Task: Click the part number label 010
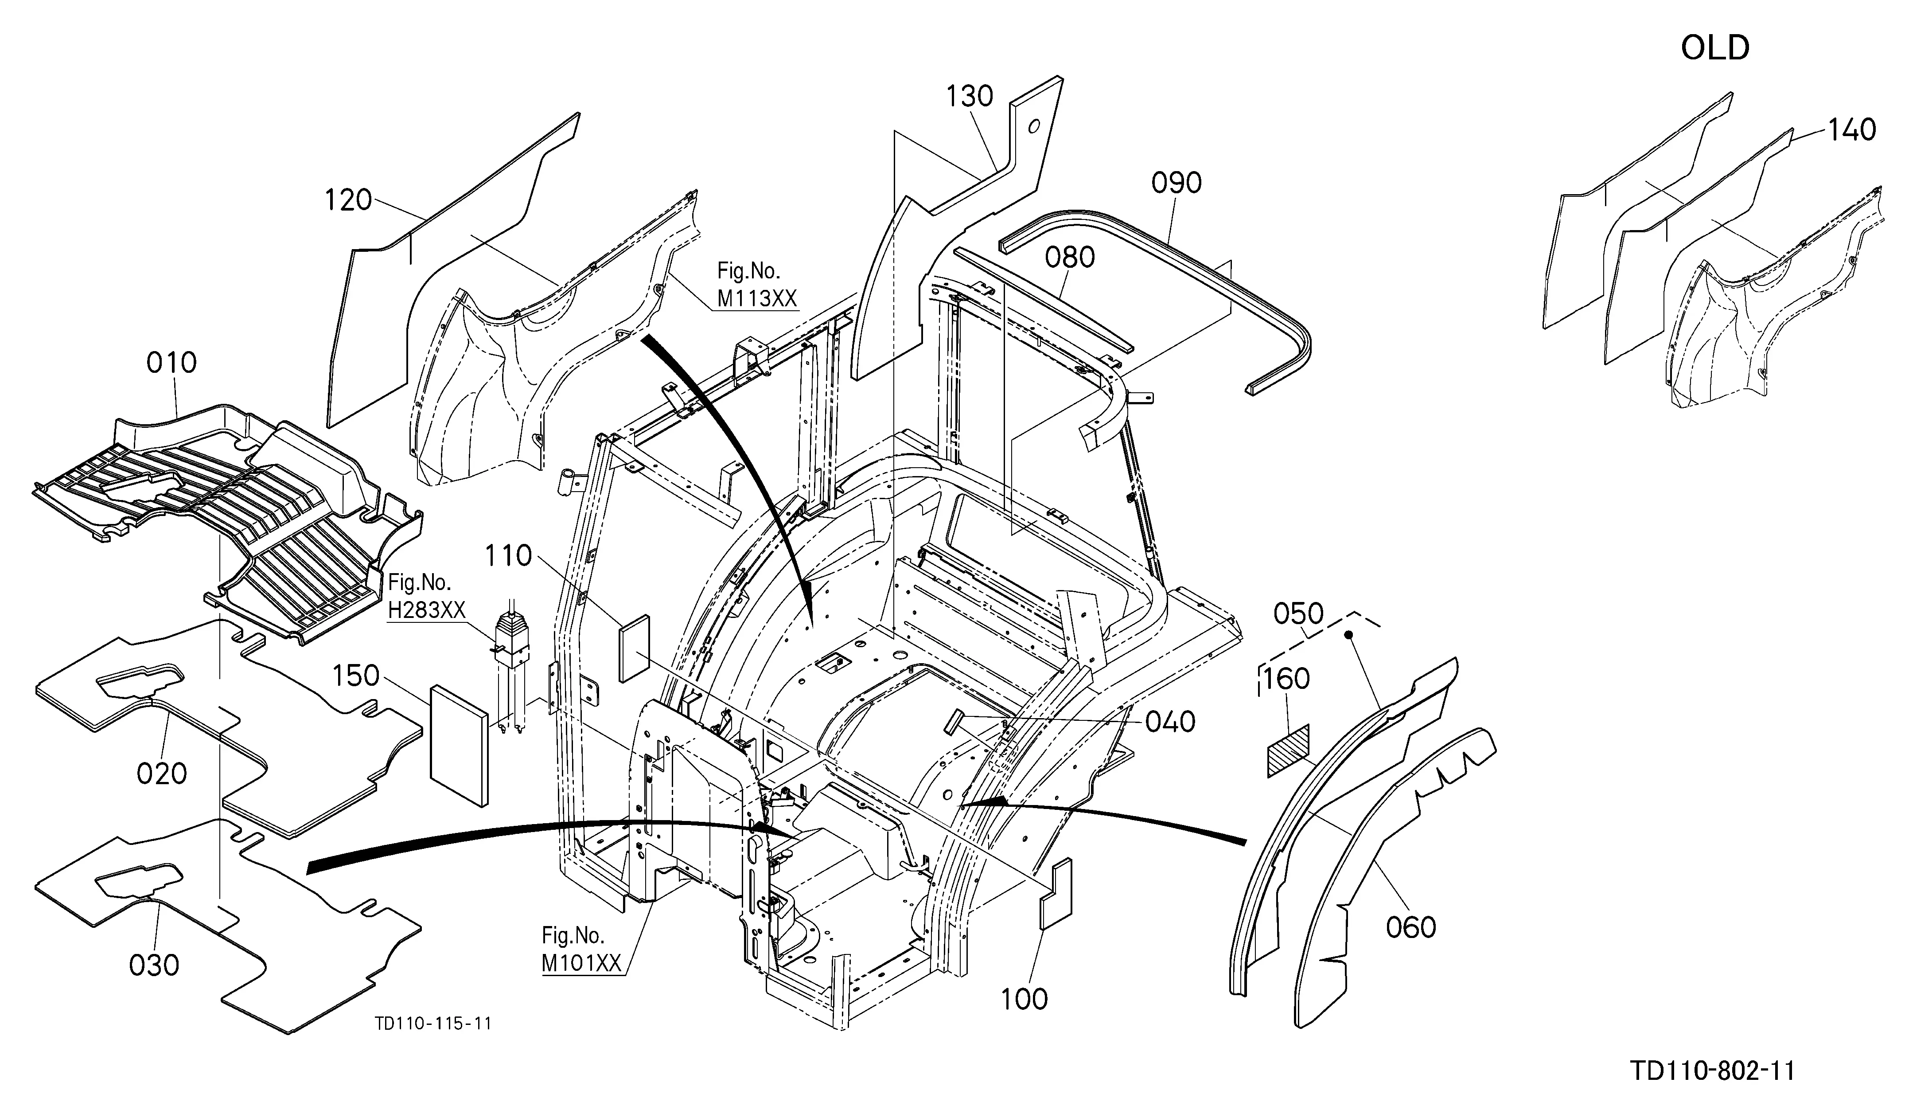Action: (x=171, y=363)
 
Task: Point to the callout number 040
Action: (x=1170, y=722)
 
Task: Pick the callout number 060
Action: (x=1410, y=927)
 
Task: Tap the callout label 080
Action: (x=1070, y=258)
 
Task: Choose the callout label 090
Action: (x=1176, y=183)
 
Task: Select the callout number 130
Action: (x=970, y=96)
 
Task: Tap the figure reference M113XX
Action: (x=757, y=299)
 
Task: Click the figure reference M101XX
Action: (x=581, y=963)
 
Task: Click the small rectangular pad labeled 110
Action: (x=635, y=649)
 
